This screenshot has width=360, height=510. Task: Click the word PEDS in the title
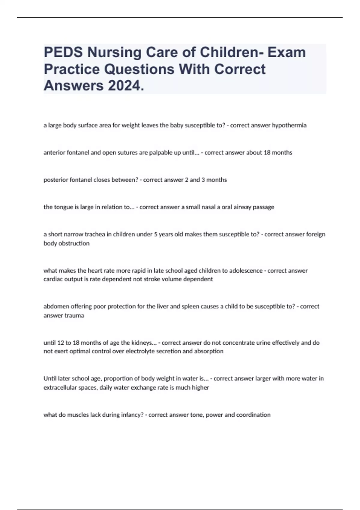(63, 52)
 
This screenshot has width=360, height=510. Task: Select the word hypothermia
(289, 125)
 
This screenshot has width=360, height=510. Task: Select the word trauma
(74, 316)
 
